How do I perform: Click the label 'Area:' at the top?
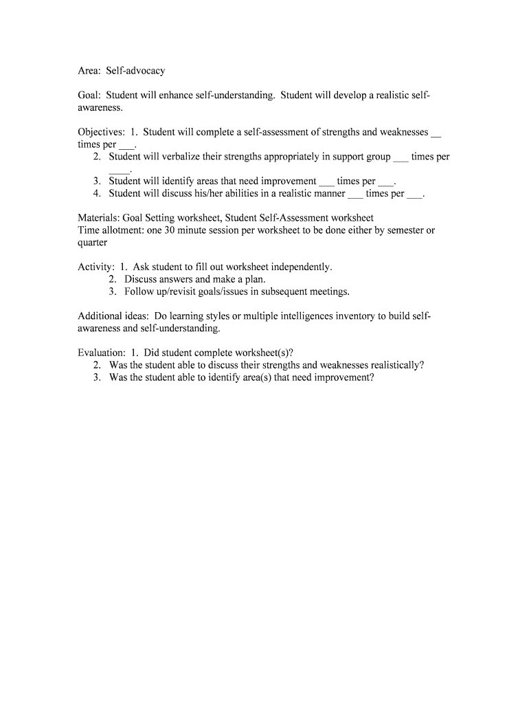pos(89,71)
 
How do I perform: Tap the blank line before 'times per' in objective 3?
pos(326,181)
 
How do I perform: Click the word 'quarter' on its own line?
pos(93,242)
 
